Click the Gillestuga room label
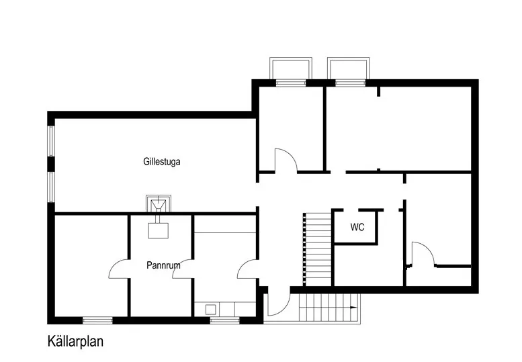tap(162, 162)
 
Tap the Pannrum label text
tap(163, 265)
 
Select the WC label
tap(357, 228)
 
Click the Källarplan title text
tap(75, 341)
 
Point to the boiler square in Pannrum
tap(159, 230)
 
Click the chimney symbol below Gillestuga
tap(159, 203)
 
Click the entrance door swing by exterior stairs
tap(277, 303)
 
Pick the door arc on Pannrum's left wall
tap(118, 269)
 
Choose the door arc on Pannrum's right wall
tap(183, 267)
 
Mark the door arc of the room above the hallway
tap(286, 161)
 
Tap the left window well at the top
tap(290, 69)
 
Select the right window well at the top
tap(348, 69)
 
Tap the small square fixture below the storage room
tap(211, 310)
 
